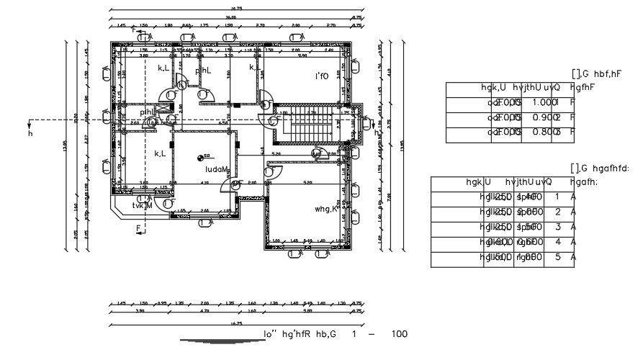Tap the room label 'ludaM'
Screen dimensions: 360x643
(216, 169)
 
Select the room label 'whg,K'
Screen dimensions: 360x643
(326, 209)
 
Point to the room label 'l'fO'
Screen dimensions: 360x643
(321, 76)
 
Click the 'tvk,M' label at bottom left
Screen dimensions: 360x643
(142, 205)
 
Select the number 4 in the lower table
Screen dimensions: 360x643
(557, 243)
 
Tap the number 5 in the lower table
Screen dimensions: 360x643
(557, 258)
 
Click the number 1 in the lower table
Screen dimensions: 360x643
(557, 196)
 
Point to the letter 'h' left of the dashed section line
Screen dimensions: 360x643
(30, 134)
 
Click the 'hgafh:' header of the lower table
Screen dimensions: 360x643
(582, 182)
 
